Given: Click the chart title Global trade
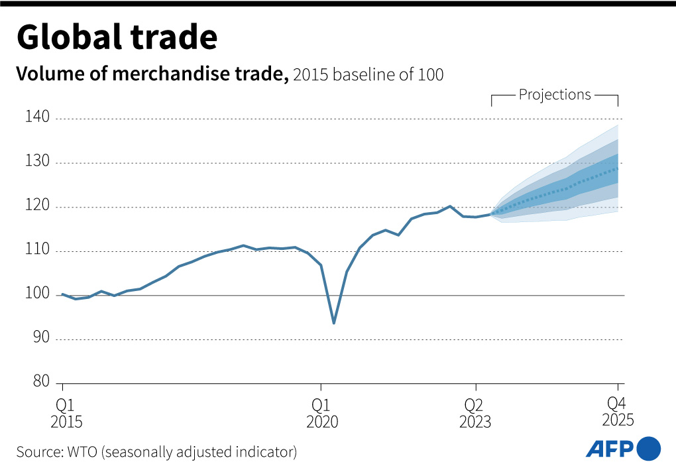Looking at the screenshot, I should click(x=117, y=38).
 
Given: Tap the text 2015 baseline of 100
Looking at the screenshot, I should click(x=368, y=75).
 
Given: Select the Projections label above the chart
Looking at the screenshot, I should click(x=555, y=95).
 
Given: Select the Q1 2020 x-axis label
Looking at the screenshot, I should click(x=322, y=413).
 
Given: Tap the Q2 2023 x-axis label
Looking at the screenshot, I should click(x=475, y=413).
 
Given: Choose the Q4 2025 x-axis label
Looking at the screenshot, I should click(x=618, y=412).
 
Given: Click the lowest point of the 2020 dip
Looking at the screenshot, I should click(x=333, y=324).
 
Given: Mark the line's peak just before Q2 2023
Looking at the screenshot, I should click(x=450, y=206).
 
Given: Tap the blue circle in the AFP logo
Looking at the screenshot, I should click(x=648, y=449).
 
